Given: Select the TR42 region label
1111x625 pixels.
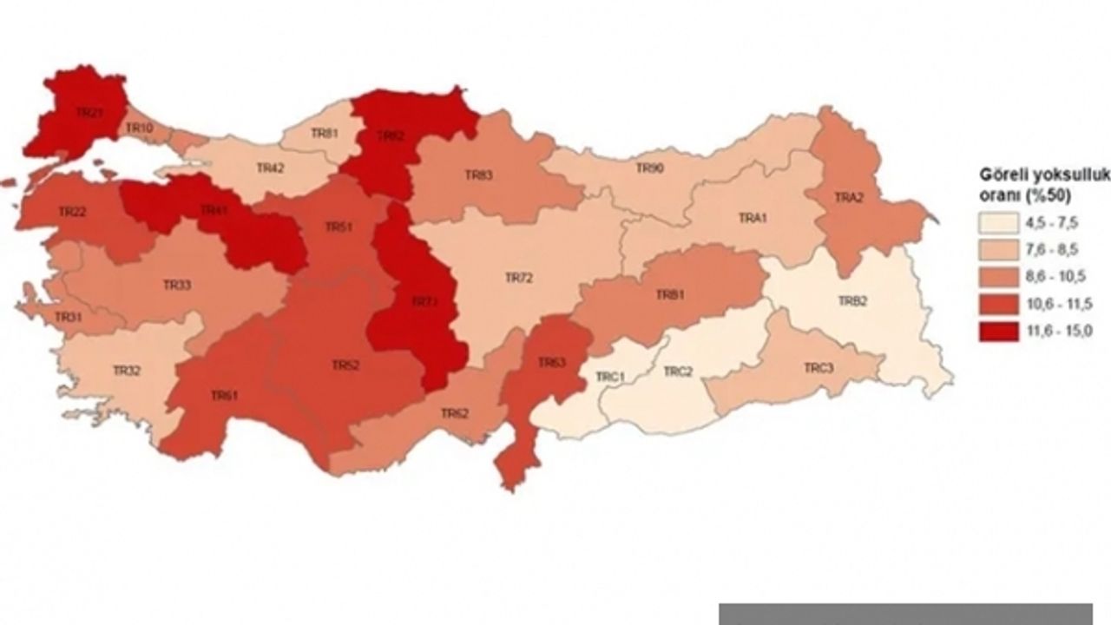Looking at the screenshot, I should pos(270,168).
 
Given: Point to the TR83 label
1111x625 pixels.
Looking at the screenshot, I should pos(478,175).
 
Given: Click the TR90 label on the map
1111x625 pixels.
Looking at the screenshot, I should pos(650,168).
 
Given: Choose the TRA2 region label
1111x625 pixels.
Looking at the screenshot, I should pos(849,198).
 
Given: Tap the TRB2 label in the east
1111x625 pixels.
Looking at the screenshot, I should pos(852,300).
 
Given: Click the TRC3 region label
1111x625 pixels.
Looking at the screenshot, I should pos(818,368).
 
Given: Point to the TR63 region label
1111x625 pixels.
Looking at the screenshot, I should pos(552,362).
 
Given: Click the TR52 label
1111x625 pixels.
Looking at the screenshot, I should pos(345,365).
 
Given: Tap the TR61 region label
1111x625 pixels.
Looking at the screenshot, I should pos(224,395).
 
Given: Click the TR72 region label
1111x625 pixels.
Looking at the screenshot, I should pos(518,278).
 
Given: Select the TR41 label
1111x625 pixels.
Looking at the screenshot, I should pos(214,210).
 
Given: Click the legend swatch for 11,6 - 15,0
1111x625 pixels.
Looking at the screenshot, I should pos(999,331).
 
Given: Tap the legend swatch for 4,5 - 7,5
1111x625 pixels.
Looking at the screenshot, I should pos(999,221).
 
